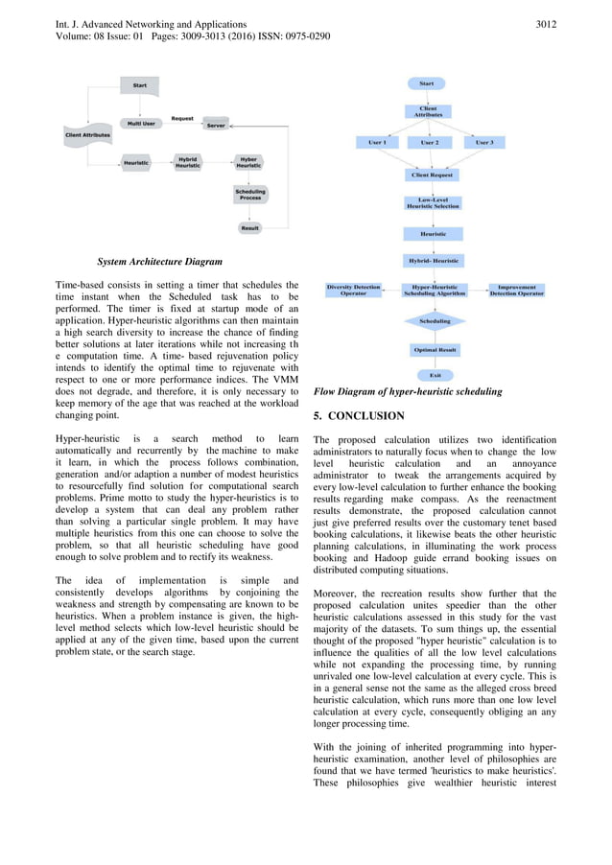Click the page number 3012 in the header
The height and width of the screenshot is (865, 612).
pos(544,23)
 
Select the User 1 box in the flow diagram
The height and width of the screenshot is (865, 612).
pos(377,142)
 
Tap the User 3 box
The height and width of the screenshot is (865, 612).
pos(485,142)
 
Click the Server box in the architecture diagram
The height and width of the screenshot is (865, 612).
pos(216,125)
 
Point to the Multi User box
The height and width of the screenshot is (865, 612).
pos(140,125)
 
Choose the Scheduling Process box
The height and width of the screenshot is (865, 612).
pos(248,195)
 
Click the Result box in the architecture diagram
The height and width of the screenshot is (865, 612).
pos(249,228)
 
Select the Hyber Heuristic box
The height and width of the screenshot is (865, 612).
pos(248,163)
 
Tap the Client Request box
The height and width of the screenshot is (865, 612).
pos(433,175)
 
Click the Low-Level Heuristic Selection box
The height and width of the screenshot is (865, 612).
pos(433,203)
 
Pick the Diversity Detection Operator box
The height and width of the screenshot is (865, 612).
pos(353,290)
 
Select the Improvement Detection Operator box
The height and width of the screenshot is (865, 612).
pos(516,290)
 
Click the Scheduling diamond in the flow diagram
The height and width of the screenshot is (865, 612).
pos(435,321)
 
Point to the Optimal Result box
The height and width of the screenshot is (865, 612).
pos(435,350)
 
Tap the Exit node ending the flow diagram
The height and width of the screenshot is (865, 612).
pos(435,375)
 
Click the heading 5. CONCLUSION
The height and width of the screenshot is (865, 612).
pos(359,416)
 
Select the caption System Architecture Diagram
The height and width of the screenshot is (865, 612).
pos(159,261)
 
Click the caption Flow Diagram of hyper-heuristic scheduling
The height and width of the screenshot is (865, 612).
pos(408,391)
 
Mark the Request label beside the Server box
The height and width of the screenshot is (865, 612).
pos(182,118)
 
